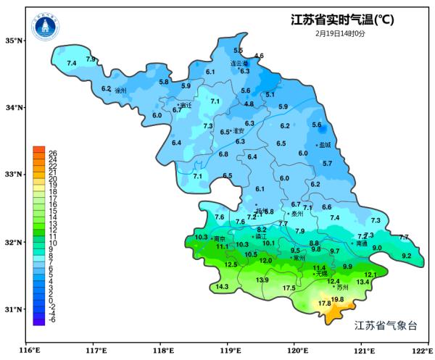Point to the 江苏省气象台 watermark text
tap(386, 325)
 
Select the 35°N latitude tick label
tap(14, 40)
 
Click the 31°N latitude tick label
tap(14, 309)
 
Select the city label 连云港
tap(239, 63)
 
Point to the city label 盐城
tap(325, 145)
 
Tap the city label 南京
tap(219, 238)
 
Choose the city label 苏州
tap(342, 288)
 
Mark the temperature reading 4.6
tap(259, 56)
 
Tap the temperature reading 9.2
tap(406, 256)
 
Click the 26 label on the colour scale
tap(52, 153)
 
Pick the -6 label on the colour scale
tap(52, 319)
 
